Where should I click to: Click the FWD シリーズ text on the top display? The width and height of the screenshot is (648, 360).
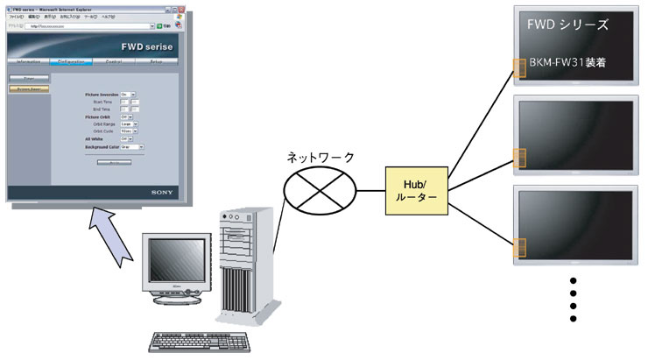(567, 25)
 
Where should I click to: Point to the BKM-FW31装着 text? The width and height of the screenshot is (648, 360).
(569, 64)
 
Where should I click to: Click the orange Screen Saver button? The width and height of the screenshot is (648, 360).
(30, 88)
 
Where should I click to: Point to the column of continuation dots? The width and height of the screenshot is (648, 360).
(574, 300)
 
